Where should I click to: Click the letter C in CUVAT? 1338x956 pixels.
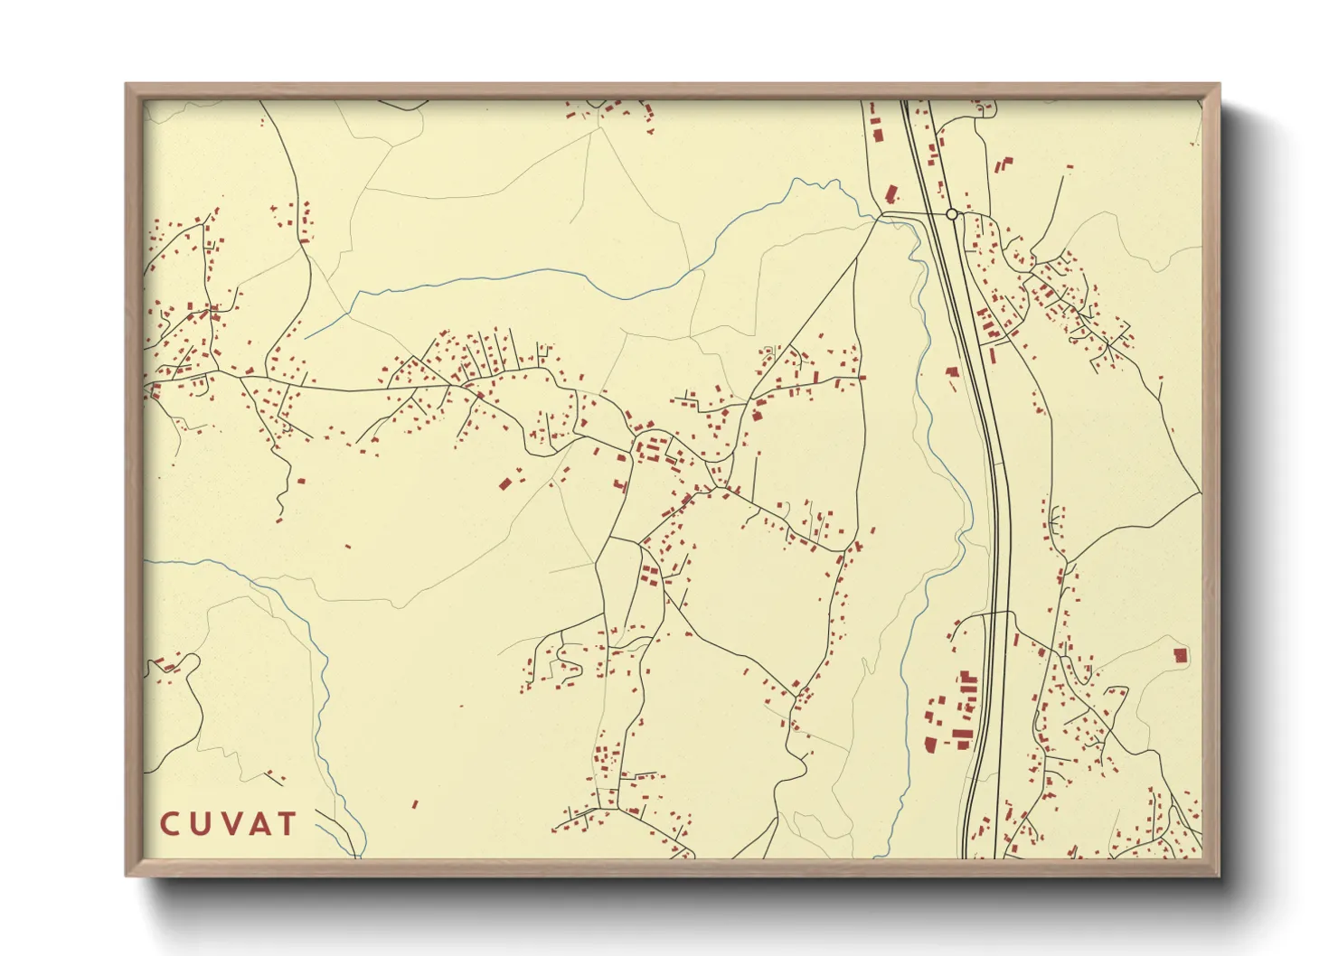[170, 824]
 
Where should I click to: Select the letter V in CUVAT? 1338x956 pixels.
[231, 824]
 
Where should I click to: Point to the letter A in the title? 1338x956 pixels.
[259, 824]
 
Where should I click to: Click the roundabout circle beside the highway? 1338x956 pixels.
[951, 214]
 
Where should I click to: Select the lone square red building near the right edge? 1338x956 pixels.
[1179, 654]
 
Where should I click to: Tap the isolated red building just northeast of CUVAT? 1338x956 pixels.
[415, 803]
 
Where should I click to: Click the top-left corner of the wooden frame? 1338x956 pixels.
[127, 85]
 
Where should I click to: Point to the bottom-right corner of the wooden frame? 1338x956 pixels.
[1220, 875]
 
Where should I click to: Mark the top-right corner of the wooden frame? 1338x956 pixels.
[1220, 85]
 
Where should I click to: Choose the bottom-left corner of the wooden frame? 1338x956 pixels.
[127, 875]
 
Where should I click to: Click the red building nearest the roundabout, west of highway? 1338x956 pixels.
[891, 193]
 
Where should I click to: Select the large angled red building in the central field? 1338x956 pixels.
[505, 483]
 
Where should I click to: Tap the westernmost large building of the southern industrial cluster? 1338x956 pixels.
[929, 745]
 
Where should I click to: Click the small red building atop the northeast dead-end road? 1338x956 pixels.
[1070, 166]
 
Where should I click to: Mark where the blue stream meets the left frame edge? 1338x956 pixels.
[146, 561]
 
